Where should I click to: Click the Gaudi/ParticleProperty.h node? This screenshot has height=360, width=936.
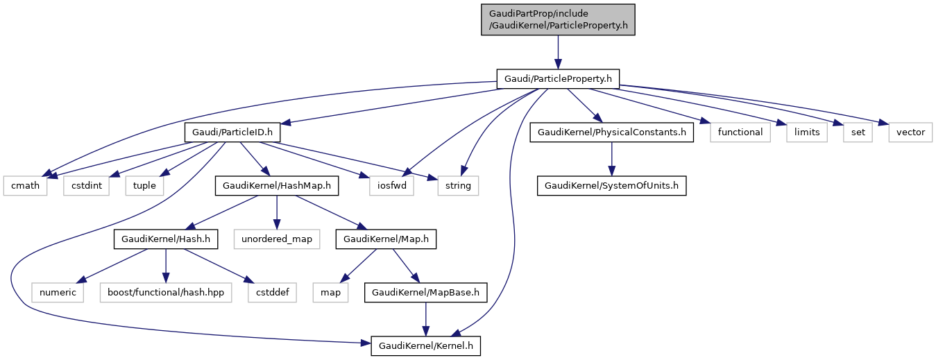558,78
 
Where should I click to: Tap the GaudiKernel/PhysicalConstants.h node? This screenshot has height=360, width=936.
611,132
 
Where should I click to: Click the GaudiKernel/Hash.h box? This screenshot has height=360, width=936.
165,239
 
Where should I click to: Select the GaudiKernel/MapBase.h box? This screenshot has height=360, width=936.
425,292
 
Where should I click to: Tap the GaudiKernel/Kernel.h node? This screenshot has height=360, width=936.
425,345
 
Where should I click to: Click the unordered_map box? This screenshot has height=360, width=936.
277,239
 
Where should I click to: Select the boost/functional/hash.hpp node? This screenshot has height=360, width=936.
165,292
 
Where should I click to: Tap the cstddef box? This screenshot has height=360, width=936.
272,292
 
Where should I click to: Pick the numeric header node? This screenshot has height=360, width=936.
58,292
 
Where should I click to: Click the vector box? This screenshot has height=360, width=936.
910,132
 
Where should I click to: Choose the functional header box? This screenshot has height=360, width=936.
740,132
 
